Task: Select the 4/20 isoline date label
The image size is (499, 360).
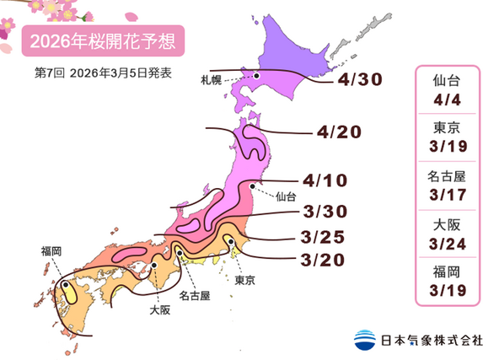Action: [340, 133]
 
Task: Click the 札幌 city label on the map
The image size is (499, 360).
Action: [212, 81]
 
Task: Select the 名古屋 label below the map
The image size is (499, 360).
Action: [195, 296]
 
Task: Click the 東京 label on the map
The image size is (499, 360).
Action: [245, 279]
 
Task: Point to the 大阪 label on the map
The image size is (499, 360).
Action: [158, 310]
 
